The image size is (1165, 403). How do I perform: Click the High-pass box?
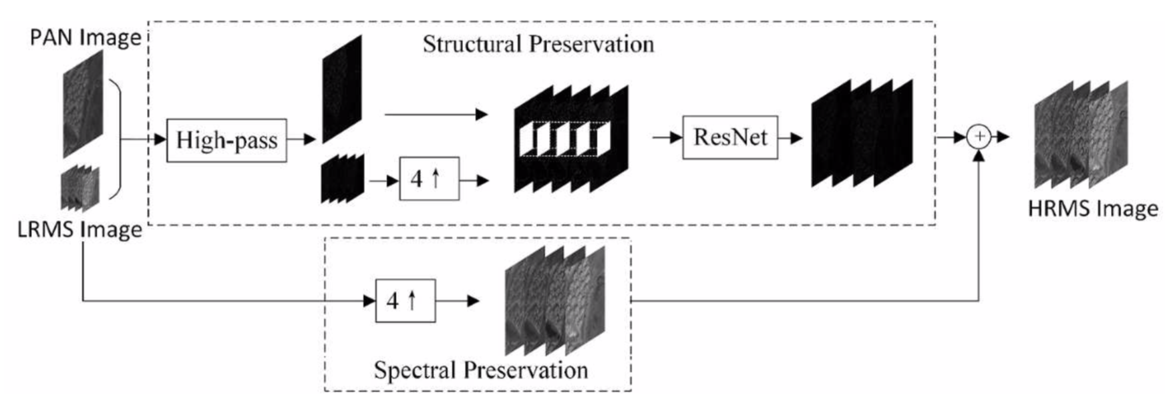tap(226, 141)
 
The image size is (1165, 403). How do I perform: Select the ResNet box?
tap(729, 137)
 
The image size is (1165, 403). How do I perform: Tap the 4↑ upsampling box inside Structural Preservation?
tap(429, 179)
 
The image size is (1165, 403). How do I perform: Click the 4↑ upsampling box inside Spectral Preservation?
tap(405, 301)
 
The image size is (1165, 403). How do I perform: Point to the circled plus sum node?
tap(979, 137)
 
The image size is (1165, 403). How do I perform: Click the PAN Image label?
tap(86, 37)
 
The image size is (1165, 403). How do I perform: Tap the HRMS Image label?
tap(1093, 209)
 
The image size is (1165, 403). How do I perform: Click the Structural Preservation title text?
tap(538, 45)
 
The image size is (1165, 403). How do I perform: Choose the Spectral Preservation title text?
tap(481, 370)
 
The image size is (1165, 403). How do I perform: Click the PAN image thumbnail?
tap(83, 103)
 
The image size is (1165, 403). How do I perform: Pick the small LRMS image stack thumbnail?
tap(80, 188)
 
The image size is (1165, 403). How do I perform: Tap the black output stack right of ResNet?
tap(862, 133)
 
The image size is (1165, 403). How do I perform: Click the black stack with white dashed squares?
tap(571, 139)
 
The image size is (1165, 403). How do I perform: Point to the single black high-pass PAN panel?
tap(342, 89)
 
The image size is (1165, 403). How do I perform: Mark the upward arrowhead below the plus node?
tap(979, 155)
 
